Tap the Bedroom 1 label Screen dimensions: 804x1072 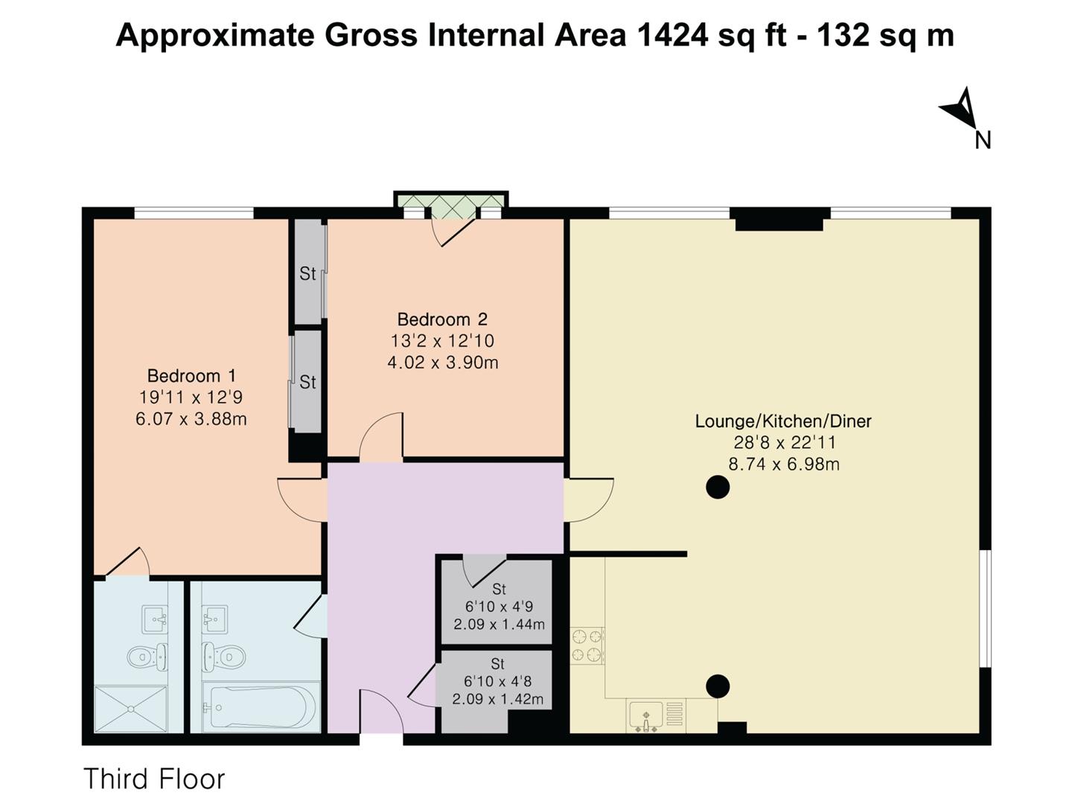[x=191, y=376]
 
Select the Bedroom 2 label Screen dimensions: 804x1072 [x=442, y=319]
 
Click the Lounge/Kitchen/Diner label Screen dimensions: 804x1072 [x=782, y=421]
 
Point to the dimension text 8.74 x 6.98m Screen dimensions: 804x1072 [x=783, y=465]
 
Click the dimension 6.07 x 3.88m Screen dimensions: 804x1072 [x=191, y=419]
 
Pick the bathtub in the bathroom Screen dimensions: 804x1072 [x=255, y=706]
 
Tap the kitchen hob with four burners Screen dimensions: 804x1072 [x=587, y=645]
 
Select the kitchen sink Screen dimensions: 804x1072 [x=645, y=717]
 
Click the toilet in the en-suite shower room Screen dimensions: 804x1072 [x=144, y=657]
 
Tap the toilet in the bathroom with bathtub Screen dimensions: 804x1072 [x=224, y=656]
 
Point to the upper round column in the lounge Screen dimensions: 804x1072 [x=717, y=488]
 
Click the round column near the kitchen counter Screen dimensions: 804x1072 [x=717, y=686]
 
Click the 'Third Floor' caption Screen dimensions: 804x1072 [x=154, y=779]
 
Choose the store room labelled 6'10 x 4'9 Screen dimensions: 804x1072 [x=498, y=606]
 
